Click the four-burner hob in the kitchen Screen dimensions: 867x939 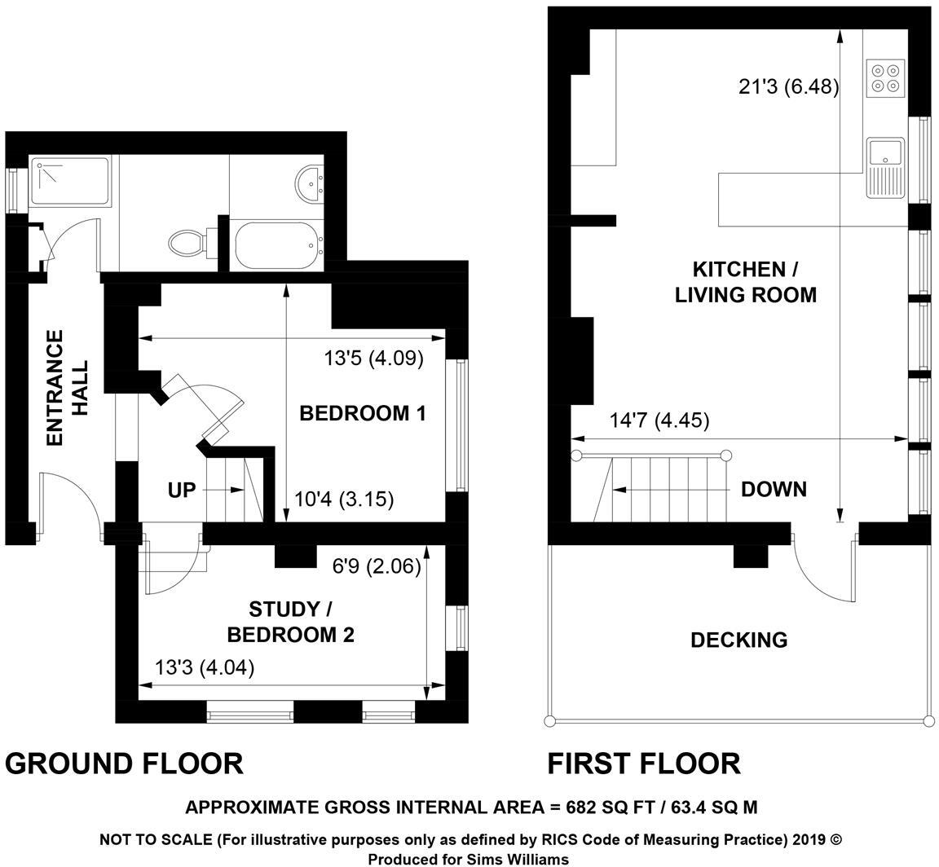pyautogui.click(x=885, y=77)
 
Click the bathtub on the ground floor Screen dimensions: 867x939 pyautogui.click(x=274, y=245)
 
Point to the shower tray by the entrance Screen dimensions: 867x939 pyautogui.click(x=70, y=181)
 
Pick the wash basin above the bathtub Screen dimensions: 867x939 pyautogui.click(x=310, y=183)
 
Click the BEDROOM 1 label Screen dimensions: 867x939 pyautogui.click(x=363, y=413)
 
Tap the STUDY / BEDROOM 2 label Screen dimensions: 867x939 pyautogui.click(x=290, y=622)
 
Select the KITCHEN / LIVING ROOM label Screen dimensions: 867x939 pyautogui.click(x=745, y=282)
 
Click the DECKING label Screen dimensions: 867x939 pyautogui.click(x=738, y=640)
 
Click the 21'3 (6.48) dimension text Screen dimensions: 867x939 pyautogui.click(x=788, y=86)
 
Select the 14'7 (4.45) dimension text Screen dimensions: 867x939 pyautogui.click(x=659, y=420)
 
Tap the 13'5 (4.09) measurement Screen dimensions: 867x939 pyautogui.click(x=373, y=358)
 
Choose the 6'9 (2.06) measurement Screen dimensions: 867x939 pyautogui.click(x=376, y=566)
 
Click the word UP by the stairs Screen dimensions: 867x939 pyautogui.click(x=182, y=491)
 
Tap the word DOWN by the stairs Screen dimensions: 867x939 pyautogui.click(x=774, y=489)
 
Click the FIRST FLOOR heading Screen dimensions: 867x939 pyautogui.click(x=643, y=764)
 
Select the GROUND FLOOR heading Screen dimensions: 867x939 pyautogui.click(x=124, y=764)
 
